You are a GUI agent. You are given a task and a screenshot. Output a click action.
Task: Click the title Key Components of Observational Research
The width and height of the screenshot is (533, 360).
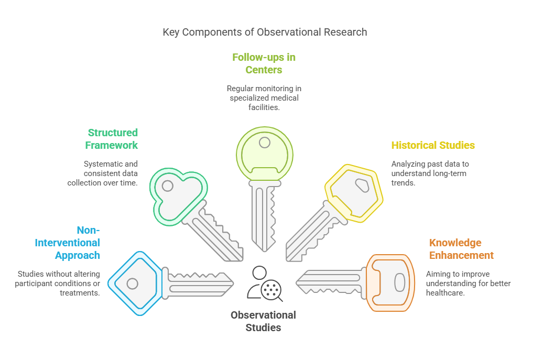pyautogui.click(x=265, y=32)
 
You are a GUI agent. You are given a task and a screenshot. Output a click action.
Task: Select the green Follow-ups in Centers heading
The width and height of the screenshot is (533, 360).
pyautogui.click(x=264, y=63)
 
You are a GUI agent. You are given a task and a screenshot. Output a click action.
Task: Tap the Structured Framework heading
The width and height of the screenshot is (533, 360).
pyautogui.click(x=113, y=139)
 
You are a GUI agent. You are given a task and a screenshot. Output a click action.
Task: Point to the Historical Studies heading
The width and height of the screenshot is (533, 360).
pyautogui.click(x=433, y=145)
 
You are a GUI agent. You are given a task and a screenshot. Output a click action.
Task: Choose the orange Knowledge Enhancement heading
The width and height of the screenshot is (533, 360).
pyautogui.click(x=461, y=249)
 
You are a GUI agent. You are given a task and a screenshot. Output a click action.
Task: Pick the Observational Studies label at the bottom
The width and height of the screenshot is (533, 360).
pyautogui.click(x=263, y=321)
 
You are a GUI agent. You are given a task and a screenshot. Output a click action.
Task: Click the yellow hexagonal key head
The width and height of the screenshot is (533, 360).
pyautogui.click(x=355, y=191)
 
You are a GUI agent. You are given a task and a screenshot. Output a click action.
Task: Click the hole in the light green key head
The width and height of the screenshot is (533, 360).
pyautogui.click(x=265, y=142)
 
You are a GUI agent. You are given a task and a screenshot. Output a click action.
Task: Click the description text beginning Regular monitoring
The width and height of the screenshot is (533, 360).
pyautogui.click(x=264, y=98)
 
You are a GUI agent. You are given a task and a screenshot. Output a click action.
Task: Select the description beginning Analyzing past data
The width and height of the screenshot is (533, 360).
pyautogui.click(x=430, y=173)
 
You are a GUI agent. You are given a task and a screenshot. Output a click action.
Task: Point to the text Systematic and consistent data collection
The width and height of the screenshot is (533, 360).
pyautogui.click(x=103, y=173)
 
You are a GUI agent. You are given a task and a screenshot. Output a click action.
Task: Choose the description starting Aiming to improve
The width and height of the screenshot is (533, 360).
pyautogui.click(x=468, y=283)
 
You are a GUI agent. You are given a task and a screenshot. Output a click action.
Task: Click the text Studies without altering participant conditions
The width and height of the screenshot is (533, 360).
pyautogui.click(x=59, y=283)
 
